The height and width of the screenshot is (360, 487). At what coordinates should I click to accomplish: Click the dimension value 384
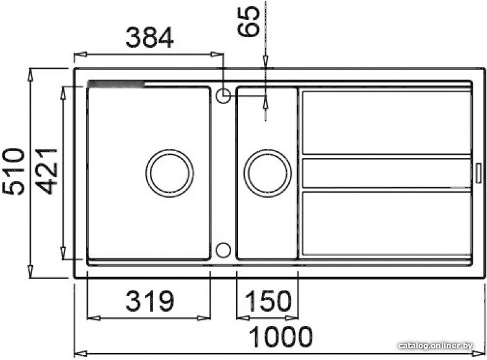[149, 38]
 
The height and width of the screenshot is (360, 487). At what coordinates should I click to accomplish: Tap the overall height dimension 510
[15, 171]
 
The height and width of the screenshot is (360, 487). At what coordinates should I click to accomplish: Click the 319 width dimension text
[149, 302]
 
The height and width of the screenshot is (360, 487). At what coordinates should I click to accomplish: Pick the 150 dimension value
[268, 302]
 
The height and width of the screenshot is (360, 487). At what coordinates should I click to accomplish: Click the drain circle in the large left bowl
[169, 173]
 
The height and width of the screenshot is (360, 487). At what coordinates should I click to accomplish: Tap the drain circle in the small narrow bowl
[267, 173]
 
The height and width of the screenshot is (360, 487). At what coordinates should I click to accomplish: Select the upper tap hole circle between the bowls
[223, 95]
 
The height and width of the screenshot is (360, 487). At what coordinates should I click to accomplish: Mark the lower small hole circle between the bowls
[223, 250]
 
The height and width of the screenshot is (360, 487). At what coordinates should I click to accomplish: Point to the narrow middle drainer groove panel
[385, 173]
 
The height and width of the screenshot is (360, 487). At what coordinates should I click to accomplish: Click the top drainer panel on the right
[385, 122]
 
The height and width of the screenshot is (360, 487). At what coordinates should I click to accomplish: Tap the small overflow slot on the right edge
[478, 173]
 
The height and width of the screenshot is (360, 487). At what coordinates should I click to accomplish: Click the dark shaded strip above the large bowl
[116, 84]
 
